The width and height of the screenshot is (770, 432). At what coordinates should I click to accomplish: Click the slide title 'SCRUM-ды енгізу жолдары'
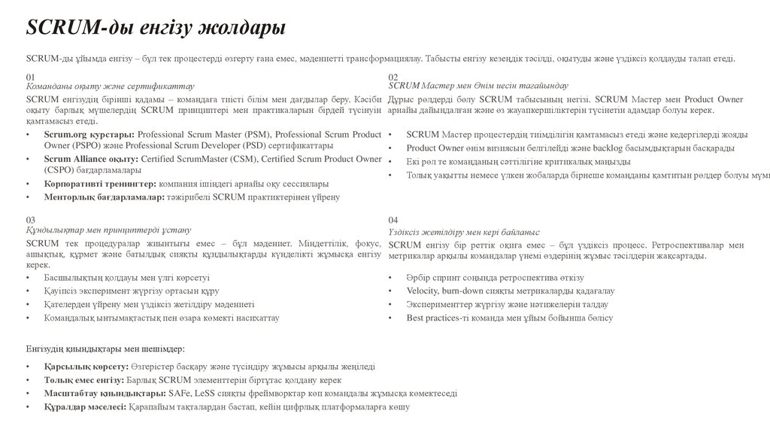156,29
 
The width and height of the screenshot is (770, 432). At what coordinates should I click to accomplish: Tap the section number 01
30,78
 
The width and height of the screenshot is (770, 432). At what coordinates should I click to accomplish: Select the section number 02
393,78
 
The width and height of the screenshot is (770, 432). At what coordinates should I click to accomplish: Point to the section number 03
30,220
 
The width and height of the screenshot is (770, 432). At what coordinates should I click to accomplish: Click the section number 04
393,220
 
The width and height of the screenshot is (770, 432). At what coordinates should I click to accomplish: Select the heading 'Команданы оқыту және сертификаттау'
110,87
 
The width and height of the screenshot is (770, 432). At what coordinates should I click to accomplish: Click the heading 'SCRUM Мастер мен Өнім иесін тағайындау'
478,87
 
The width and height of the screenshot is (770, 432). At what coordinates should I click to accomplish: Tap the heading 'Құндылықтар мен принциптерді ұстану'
108,230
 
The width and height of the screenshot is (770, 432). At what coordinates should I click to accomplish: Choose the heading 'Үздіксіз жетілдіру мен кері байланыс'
464,233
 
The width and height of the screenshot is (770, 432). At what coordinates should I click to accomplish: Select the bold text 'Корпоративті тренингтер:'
100,184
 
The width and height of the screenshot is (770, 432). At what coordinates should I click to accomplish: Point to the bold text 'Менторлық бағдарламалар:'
104,197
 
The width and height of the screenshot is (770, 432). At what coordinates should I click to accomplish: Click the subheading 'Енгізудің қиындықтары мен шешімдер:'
105,349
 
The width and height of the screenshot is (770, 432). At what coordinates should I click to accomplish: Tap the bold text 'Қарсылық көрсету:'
86,367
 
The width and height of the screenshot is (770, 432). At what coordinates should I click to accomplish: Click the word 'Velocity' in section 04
423,291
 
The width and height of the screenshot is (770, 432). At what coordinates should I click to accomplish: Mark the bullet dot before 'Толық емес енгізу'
28,380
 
